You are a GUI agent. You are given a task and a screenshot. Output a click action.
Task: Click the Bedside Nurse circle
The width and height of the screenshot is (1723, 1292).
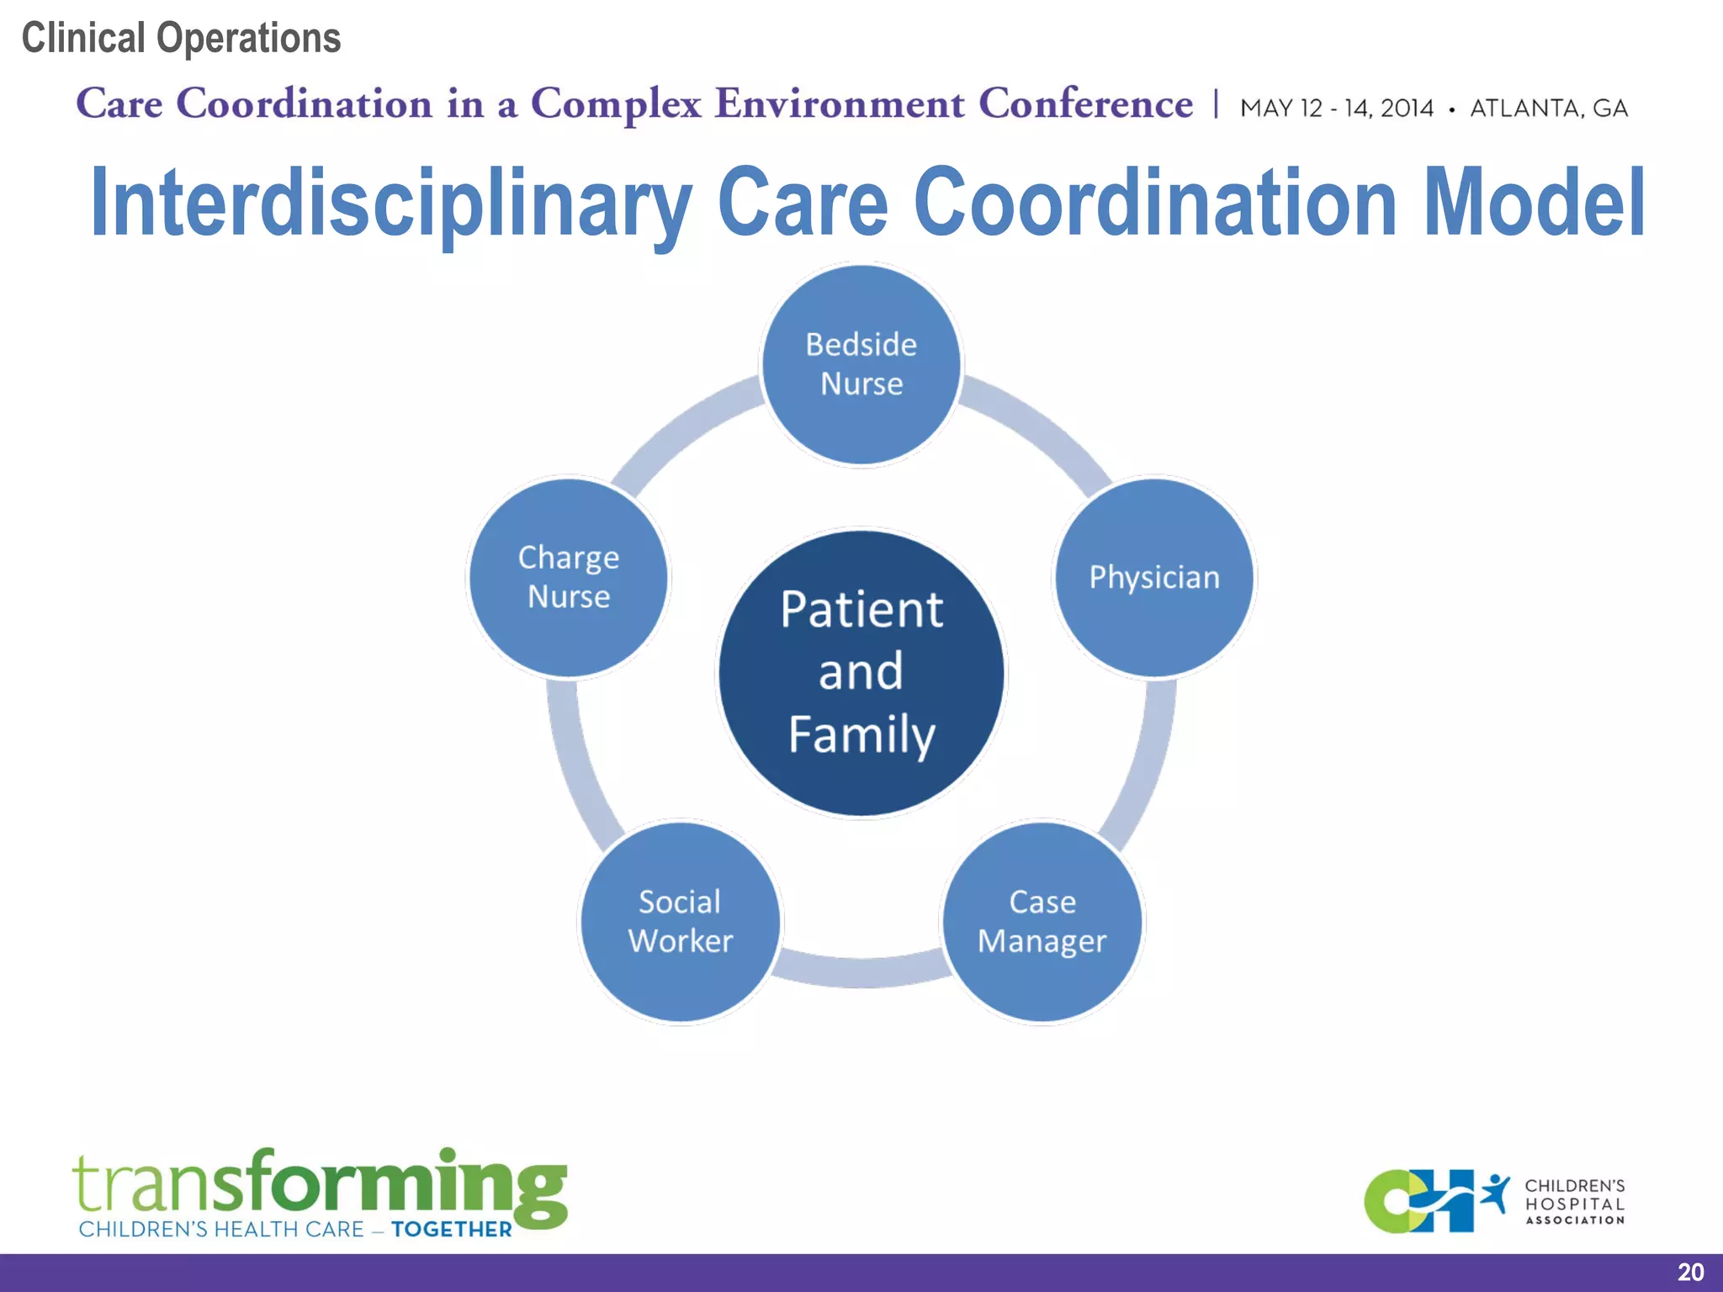click(x=861, y=364)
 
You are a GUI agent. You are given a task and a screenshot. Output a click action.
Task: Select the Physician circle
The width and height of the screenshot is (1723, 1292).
click(x=1154, y=578)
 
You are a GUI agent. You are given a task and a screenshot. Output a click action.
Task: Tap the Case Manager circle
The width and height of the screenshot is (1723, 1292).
click(x=1042, y=922)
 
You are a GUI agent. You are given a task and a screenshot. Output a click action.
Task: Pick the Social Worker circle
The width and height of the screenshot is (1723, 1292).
click(x=680, y=922)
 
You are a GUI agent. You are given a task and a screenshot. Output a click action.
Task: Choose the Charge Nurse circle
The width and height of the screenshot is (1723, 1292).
click(x=569, y=578)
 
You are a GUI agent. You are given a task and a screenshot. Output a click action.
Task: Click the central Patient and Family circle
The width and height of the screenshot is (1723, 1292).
click(x=861, y=673)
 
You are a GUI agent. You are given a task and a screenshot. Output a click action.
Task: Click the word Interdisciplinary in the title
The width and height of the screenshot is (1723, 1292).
click(x=390, y=204)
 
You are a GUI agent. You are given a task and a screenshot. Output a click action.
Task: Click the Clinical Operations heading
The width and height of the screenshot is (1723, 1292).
click(x=181, y=39)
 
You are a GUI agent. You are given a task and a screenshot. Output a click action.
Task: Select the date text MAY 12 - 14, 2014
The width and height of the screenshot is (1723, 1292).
click(x=1336, y=109)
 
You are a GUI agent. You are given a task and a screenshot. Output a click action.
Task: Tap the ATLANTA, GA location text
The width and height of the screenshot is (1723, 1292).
click(x=1548, y=109)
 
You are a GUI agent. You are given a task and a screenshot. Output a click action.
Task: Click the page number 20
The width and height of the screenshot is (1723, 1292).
click(x=1690, y=1272)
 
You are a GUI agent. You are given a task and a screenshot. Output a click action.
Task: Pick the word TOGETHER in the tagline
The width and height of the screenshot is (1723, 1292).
click(x=451, y=1230)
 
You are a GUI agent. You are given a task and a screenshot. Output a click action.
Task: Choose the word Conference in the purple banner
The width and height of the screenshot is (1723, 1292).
click(x=1085, y=104)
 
